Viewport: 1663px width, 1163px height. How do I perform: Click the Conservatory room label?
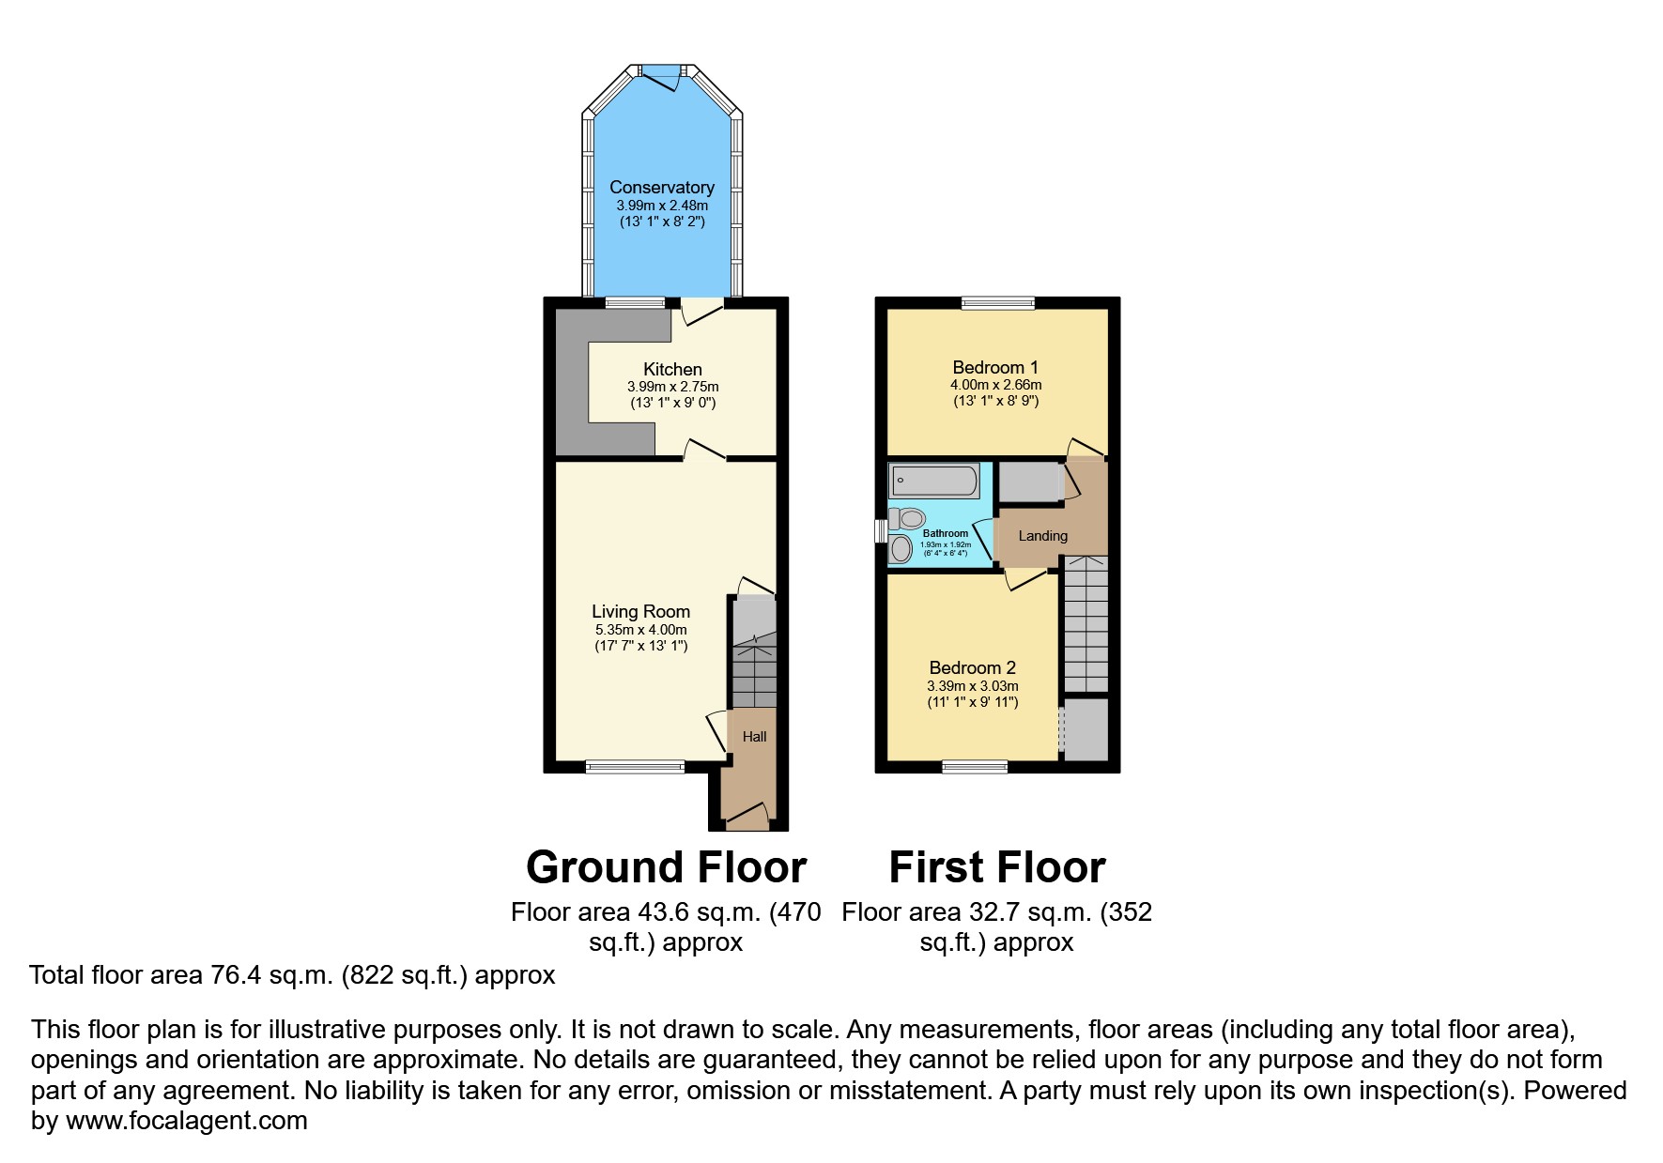(x=661, y=187)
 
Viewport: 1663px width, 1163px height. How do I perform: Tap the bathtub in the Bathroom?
(x=934, y=482)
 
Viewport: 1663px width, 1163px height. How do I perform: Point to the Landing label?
(x=1042, y=536)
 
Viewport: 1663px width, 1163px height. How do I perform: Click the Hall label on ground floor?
(x=754, y=737)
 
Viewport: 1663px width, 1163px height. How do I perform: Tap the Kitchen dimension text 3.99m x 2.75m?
(x=672, y=387)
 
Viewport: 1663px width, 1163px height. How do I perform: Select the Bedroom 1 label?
(x=994, y=367)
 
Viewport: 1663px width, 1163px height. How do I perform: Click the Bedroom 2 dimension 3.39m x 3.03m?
(x=972, y=686)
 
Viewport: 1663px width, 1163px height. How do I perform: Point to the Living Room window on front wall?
(x=636, y=767)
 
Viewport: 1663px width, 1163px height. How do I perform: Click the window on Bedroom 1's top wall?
(x=998, y=302)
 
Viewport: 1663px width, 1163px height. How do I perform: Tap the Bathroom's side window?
(x=881, y=531)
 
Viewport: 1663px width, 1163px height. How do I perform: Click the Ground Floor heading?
(x=666, y=867)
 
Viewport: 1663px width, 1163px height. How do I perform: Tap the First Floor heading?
(x=996, y=867)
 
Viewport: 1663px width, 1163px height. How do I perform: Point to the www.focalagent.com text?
(x=186, y=1121)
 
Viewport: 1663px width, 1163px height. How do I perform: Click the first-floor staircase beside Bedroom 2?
(x=1086, y=623)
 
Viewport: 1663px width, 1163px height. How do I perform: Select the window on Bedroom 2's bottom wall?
(x=975, y=767)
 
